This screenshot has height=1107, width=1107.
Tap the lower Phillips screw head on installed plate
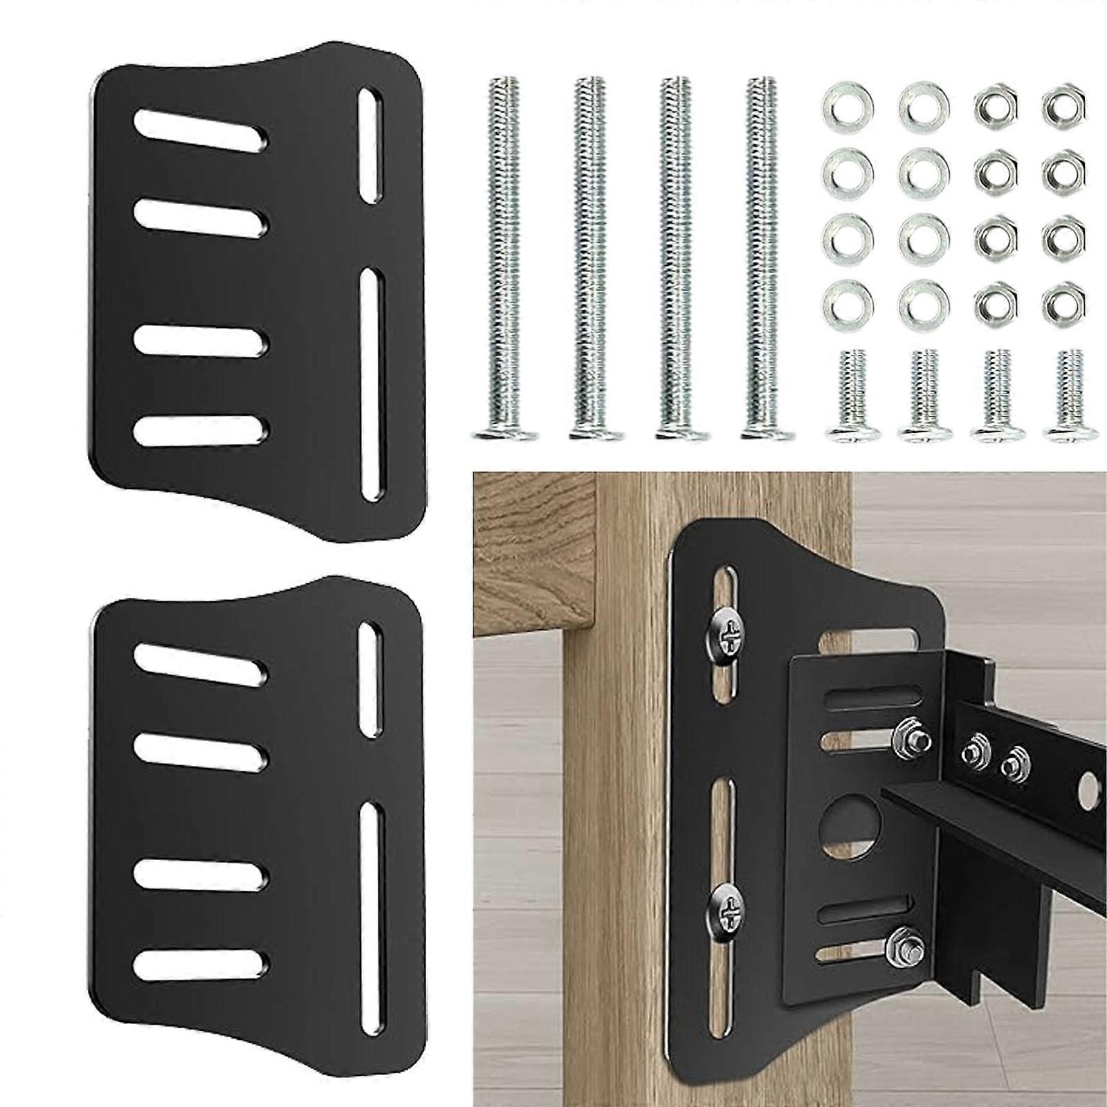[x=728, y=901]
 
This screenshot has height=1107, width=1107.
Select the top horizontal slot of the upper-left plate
[x=201, y=129]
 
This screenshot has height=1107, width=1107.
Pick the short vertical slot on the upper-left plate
[x=372, y=145]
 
